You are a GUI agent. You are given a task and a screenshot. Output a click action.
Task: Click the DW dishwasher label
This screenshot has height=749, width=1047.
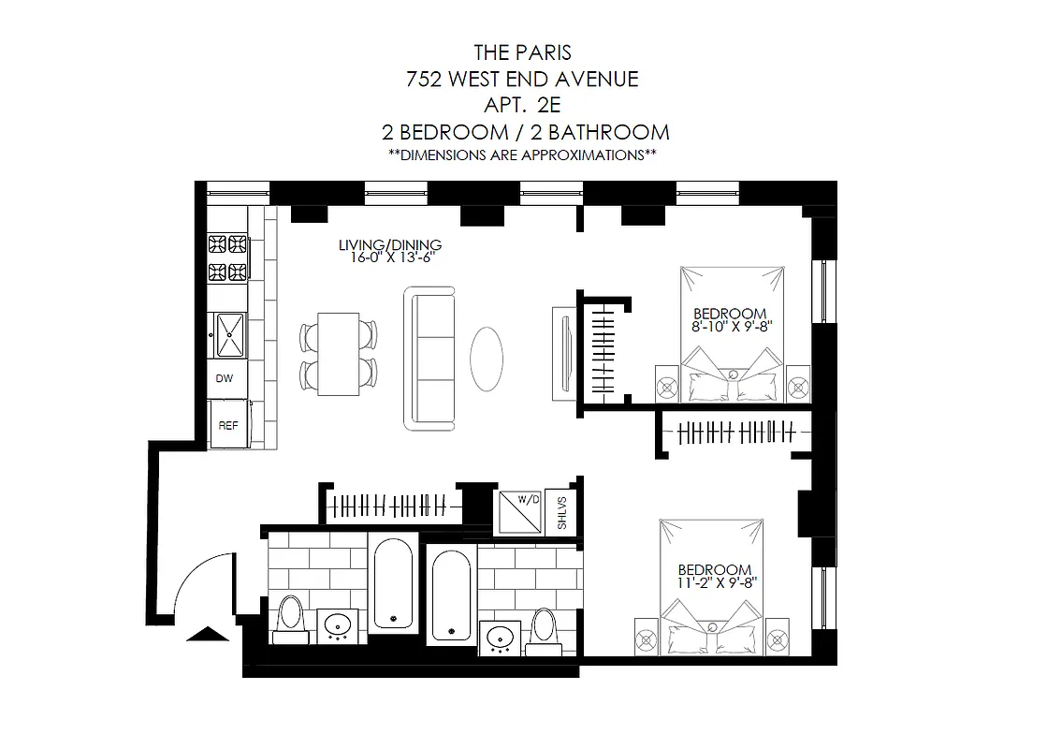pos(225,379)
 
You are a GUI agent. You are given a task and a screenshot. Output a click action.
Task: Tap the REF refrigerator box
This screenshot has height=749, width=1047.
pos(227,424)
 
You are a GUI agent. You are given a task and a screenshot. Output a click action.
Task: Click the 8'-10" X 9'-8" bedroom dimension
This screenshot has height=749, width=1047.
pos(730,327)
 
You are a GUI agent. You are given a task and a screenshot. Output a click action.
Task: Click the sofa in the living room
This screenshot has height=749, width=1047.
pos(429,359)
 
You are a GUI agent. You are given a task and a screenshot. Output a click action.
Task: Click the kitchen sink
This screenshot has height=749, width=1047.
pos(229,334)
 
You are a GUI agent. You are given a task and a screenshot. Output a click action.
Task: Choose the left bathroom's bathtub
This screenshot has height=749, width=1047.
pos(394,584)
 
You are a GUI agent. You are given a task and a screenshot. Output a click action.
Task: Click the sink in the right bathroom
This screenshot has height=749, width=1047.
pos(501,638)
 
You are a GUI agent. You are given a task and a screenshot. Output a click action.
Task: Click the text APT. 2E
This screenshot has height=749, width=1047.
pos(523,105)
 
